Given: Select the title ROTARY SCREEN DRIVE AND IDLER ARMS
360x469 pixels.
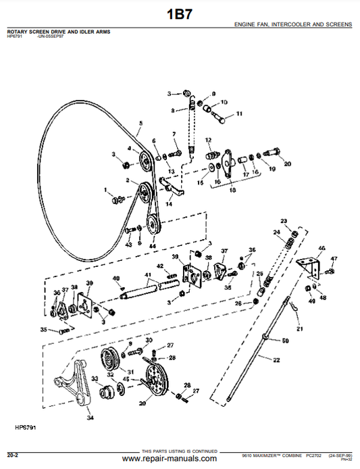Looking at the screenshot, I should click(59, 32).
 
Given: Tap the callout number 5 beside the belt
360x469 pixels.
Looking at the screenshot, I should click(140, 123).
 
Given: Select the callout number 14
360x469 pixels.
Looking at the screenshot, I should click(168, 203).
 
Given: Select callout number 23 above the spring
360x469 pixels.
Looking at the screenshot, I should click(284, 222).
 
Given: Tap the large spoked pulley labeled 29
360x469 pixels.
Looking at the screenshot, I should click(155, 378).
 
